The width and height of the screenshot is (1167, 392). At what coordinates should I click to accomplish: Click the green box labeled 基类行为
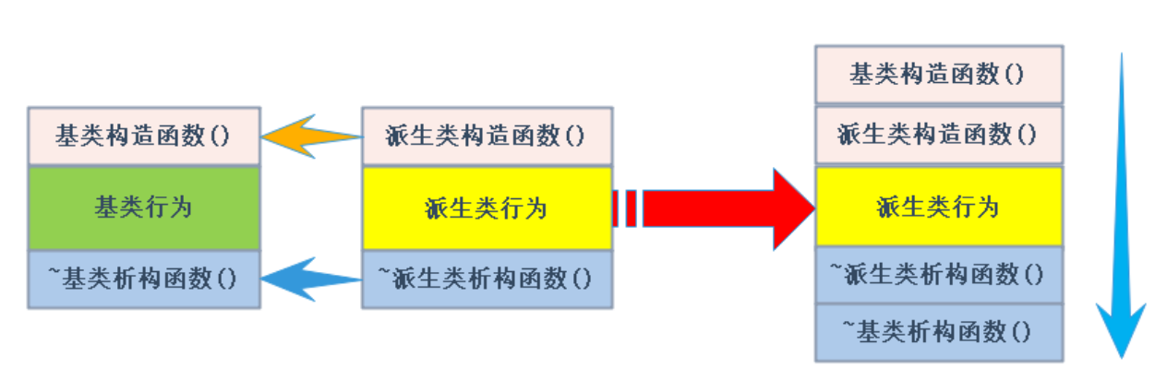[x=144, y=208]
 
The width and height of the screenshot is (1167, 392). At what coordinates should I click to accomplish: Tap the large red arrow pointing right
[x=720, y=208]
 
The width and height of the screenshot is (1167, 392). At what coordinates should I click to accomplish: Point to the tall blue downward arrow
[x=1121, y=203]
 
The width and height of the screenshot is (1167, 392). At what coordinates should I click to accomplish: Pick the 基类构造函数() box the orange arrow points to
[x=144, y=137]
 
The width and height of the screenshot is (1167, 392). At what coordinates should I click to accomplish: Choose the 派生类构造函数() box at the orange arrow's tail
[x=487, y=137]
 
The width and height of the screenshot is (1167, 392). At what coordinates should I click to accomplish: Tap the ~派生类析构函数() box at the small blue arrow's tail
[x=487, y=278]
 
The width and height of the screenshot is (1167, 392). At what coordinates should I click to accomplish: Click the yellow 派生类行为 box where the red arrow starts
[x=487, y=208]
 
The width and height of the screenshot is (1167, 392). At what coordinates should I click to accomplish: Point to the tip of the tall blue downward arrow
[x=1121, y=355]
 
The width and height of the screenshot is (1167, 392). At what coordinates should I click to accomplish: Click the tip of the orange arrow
[x=263, y=137]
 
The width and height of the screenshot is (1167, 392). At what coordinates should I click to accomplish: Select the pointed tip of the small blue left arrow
[x=263, y=278]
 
